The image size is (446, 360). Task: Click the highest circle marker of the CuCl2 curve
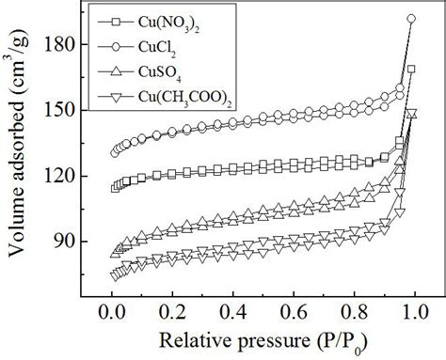coord(410,19)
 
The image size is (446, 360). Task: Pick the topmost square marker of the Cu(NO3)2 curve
coord(410,69)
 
